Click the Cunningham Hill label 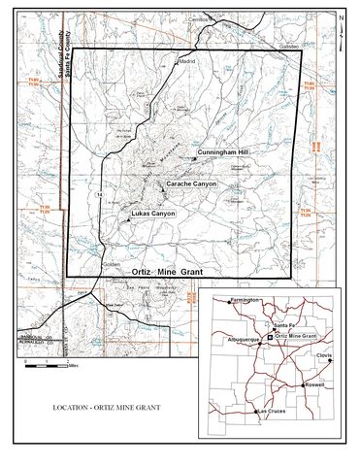coord(223,153)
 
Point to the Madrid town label coord(187,60)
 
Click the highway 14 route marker coord(100,197)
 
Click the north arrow coord(344,18)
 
